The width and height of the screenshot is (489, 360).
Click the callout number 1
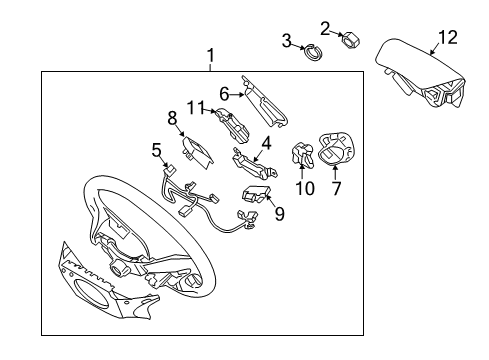click(x=210, y=55)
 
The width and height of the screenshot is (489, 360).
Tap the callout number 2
click(x=326, y=27)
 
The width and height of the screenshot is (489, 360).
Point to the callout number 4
click(x=266, y=143)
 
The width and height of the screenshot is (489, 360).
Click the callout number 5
click(x=156, y=150)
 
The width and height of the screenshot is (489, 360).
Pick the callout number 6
click(x=225, y=93)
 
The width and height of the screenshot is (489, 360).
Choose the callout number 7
click(x=336, y=188)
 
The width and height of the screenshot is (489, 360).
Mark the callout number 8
click(x=172, y=117)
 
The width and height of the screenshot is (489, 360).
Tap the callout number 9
click(x=278, y=212)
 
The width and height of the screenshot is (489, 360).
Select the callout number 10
click(x=305, y=188)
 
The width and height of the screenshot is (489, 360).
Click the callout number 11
click(x=199, y=107)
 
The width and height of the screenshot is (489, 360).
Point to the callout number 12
click(x=446, y=39)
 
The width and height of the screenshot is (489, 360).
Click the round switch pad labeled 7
click(x=336, y=150)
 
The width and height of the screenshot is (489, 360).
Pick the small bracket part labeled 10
click(x=302, y=156)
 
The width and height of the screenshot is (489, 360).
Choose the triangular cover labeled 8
click(x=196, y=151)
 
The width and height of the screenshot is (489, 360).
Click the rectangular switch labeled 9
click(x=258, y=192)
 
